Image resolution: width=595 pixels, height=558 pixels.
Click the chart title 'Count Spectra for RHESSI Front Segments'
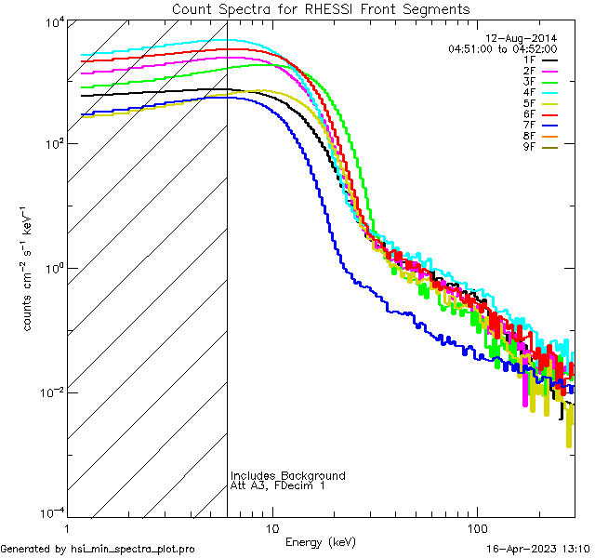(x=321, y=9)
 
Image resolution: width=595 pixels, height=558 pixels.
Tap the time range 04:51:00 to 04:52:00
(x=502, y=48)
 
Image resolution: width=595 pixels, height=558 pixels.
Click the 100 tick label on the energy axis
(x=477, y=527)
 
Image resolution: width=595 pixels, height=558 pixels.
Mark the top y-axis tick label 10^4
(x=51, y=22)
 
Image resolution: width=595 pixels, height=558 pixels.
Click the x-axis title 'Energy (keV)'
(x=320, y=541)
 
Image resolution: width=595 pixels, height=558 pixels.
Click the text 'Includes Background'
(x=288, y=476)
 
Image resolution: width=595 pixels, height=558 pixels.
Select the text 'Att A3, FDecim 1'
(x=278, y=486)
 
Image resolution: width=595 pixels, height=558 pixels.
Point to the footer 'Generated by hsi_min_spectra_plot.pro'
(x=99, y=549)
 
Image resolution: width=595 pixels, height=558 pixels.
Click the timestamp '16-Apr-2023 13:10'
(x=538, y=549)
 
